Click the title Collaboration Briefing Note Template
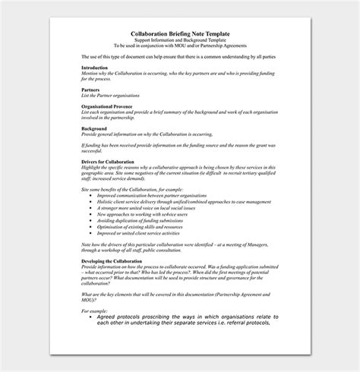click(179, 33)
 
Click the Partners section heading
click(90, 88)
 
